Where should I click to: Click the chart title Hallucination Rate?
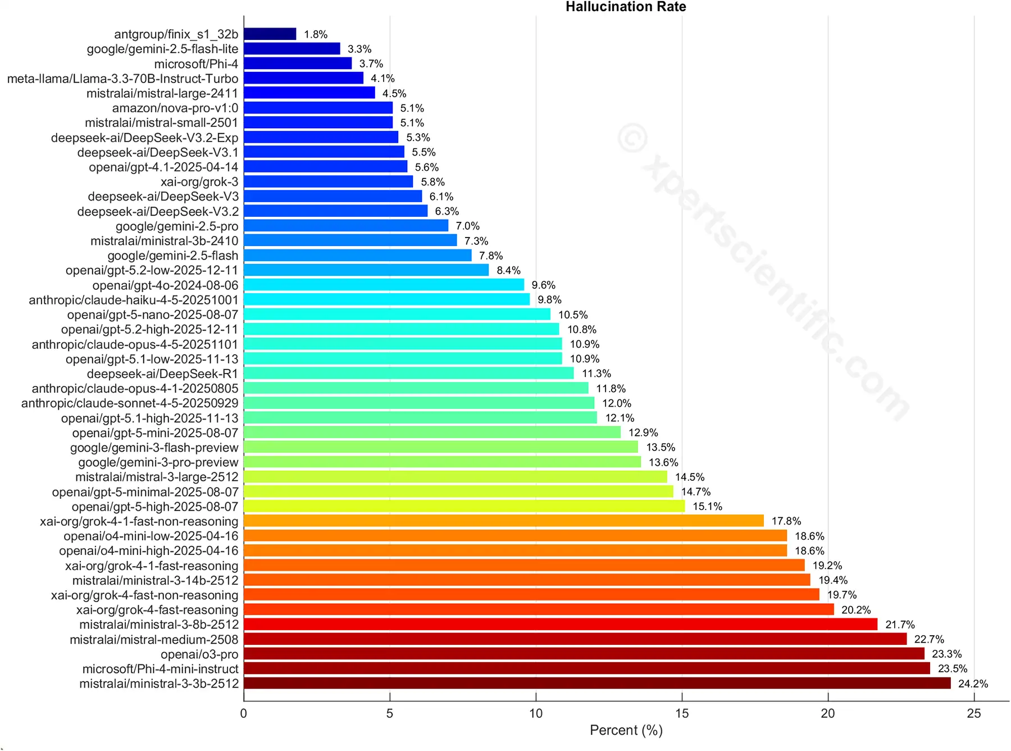pyautogui.click(x=625, y=7)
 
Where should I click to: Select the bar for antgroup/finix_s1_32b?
pyautogui.click(x=270, y=34)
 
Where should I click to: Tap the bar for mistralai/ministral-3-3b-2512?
pyautogui.click(x=597, y=684)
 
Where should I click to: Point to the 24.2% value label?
pyautogui.click(x=973, y=684)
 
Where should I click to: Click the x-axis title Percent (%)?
pyautogui.click(x=626, y=730)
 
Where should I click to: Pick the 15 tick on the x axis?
pyautogui.click(x=682, y=713)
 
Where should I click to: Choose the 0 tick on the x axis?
pyautogui.click(x=243, y=713)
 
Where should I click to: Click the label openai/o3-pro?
pyautogui.click(x=199, y=654)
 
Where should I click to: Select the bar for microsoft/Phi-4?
pyautogui.click(x=298, y=63)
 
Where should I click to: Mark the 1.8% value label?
pyautogui.click(x=316, y=34)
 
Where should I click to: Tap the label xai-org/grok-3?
pyautogui.click(x=199, y=182)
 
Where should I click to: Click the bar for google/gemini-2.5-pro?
pyautogui.click(x=346, y=226)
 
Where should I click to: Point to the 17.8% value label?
pyautogui.click(x=786, y=521)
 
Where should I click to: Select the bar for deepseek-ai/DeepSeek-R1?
pyautogui.click(x=409, y=374)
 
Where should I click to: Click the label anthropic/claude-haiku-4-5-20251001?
pyautogui.click(x=134, y=300)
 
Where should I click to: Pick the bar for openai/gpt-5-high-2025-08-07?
pyautogui.click(x=464, y=507)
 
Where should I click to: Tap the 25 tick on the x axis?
pyautogui.click(x=974, y=713)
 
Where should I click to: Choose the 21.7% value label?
pyautogui.click(x=900, y=625)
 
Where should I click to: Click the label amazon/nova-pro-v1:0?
pyautogui.click(x=175, y=108)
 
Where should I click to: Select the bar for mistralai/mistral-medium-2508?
pyautogui.click(x=575, y=639)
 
